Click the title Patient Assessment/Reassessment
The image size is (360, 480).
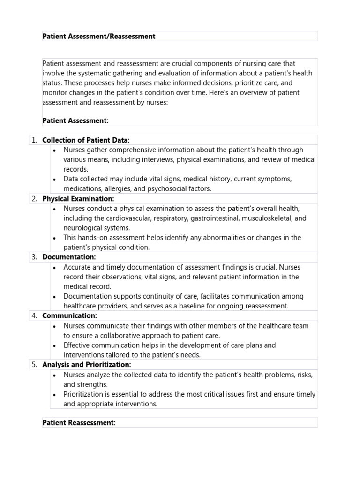tap(99, 36)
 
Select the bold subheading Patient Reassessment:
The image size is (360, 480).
tap(79, 423)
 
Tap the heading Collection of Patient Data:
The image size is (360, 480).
tap(86, 140)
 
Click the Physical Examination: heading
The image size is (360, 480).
tap(78, 199)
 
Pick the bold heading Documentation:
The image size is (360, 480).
tap(69, 257)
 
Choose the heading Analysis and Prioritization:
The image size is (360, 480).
tap(87, 364)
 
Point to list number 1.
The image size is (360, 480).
tap(34, 140)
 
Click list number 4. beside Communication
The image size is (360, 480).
tap(34, 315)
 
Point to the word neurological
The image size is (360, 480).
tap(83, 228)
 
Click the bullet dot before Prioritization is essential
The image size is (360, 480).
tap(55, 394)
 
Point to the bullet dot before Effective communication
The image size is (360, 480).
tap(55, 345)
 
